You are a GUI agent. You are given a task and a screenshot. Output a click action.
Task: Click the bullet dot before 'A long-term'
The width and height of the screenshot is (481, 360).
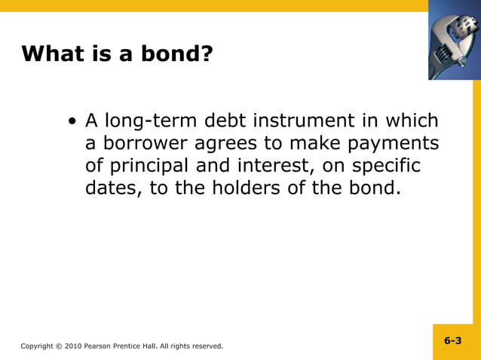pos(72,122)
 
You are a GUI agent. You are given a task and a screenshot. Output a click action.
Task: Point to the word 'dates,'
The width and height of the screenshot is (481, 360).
pos(113,188)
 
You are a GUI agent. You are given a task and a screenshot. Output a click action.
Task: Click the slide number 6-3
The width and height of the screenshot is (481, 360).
pos(452,340)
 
